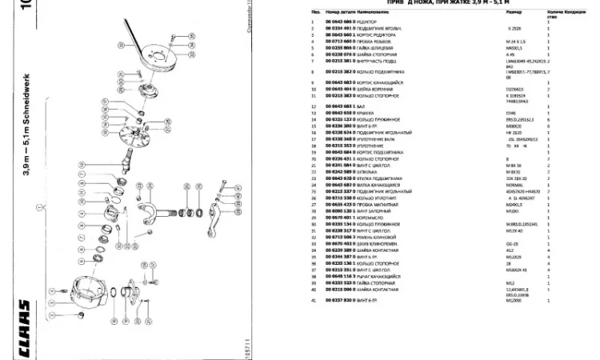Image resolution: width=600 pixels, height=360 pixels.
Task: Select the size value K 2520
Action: pos(490,28)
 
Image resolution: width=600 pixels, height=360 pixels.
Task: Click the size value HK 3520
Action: pos(491,131)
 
